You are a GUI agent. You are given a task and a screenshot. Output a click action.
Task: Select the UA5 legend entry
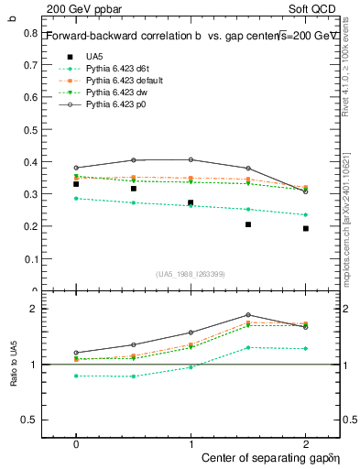93,56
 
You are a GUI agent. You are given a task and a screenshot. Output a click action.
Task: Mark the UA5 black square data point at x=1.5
248,224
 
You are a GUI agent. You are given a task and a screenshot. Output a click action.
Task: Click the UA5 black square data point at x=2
306,228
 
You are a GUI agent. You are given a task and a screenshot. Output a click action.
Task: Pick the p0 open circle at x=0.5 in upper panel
134,160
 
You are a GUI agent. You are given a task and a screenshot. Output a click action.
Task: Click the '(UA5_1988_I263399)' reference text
191,274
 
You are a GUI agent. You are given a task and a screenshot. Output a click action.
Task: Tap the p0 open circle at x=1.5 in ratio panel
248,315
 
